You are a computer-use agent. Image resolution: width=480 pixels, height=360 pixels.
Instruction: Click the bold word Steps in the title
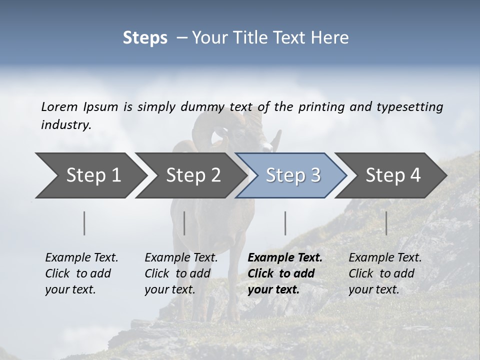coord(145,38)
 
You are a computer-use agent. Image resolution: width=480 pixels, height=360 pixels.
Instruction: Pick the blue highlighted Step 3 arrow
coord(293,175)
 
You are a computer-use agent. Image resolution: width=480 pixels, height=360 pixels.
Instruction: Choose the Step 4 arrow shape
coord(393,175)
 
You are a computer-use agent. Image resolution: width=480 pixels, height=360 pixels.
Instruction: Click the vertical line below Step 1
coord(84,223)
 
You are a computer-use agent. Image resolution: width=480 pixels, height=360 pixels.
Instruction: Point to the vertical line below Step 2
coord(184,223)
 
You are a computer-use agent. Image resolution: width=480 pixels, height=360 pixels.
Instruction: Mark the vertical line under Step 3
coord(285,223)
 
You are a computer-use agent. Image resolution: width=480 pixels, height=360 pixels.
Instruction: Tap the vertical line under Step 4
coord(386,223)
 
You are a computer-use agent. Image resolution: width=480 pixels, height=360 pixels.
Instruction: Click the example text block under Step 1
coord(82,273)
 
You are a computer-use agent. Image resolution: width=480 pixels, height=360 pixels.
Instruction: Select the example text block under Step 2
coord(181,273)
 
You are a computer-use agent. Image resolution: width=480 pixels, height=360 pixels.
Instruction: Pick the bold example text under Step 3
coord(285,273)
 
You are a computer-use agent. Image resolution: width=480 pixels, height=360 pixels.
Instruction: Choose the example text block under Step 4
coord(385,273)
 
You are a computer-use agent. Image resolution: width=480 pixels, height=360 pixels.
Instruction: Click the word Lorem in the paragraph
coord(59,107)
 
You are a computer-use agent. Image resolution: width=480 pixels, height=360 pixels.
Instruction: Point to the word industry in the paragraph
coord(66,125)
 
